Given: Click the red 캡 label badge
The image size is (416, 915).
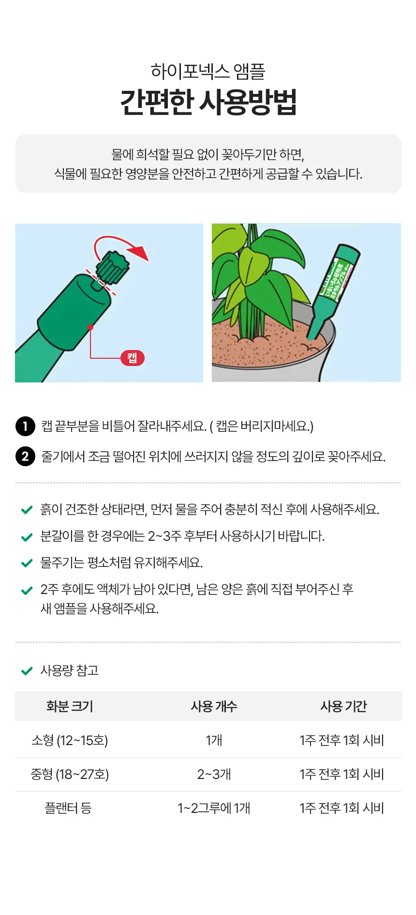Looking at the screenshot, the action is (132, 358).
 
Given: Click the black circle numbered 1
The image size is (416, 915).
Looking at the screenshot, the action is (25, 427).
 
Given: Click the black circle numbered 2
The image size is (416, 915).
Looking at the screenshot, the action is (25, 457).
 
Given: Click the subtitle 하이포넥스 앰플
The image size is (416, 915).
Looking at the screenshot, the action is (208, 71).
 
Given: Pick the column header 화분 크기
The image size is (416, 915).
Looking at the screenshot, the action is (70, 706).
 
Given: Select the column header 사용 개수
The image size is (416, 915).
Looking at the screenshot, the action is (214, 706).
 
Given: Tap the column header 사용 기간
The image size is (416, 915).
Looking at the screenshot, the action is (343, 706).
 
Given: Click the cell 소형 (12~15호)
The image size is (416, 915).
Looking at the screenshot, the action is (70, 740).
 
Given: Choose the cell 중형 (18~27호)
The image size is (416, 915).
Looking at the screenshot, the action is (70, 774).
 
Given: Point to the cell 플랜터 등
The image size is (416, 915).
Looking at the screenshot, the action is (68, 808).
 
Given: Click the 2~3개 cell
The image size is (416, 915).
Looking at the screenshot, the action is (214, 774).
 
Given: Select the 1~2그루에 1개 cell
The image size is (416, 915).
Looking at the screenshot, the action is (214, 808).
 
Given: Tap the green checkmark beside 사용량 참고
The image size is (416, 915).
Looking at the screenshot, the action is (27, 671).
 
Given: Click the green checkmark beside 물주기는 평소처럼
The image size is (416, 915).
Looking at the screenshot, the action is (27, 563).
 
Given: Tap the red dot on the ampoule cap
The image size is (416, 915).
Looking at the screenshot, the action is (90, 327).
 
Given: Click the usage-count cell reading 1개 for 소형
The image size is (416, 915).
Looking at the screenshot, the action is (214, 740).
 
